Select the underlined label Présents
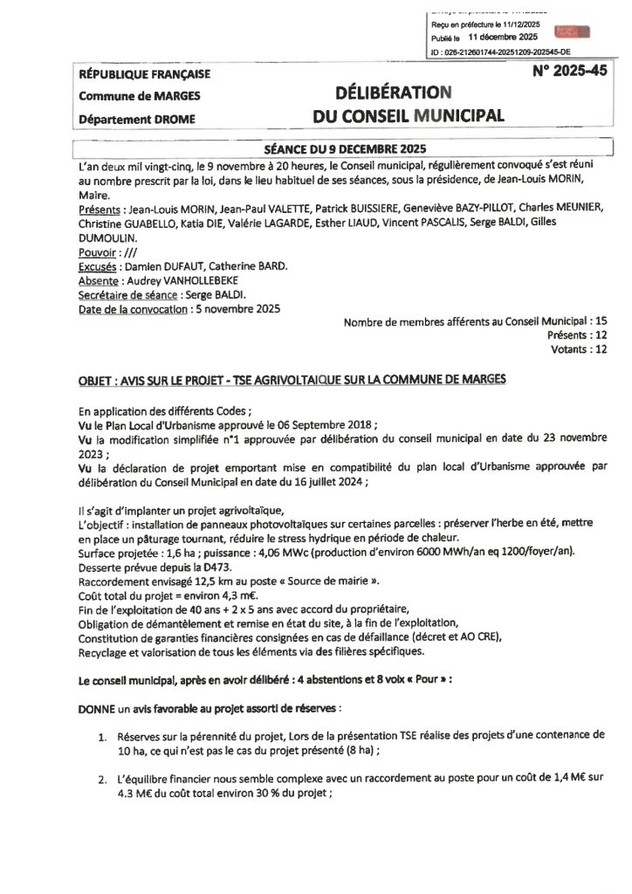100,210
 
